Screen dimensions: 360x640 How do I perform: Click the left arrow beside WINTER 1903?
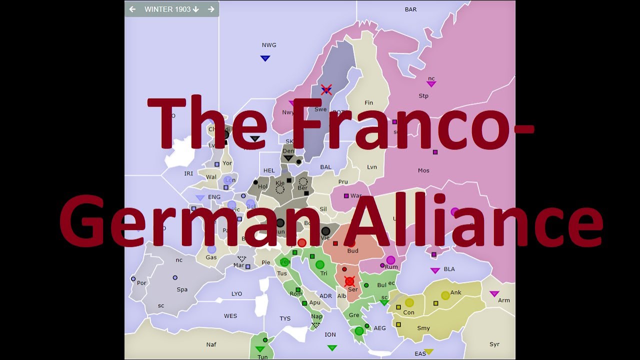(132, 9)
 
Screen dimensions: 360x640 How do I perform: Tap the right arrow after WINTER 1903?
(211, 9)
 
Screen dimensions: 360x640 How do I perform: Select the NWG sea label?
(269, 45)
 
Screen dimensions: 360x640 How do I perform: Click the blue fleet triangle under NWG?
(265, 58)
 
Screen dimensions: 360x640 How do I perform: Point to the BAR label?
(410, 9)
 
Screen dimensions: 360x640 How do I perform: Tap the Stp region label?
(423, 96)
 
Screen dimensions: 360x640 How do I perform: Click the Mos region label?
(423, 170)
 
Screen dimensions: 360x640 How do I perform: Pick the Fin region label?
(369, 103)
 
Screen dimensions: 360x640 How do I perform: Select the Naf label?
(211, 344)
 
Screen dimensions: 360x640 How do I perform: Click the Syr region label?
(494, 344)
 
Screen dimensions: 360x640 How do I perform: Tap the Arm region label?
(504, 300)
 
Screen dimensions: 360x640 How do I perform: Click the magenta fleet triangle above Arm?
(494, 293)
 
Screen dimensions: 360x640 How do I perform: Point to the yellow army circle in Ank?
(445, 295)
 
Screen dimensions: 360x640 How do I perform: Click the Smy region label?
(423, 328)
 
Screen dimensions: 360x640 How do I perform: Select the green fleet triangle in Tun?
(259, 349)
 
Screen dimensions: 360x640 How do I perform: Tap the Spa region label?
(182, 289)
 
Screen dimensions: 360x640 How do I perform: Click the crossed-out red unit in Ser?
(349, 281)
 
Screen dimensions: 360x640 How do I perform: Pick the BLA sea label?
(449, 269)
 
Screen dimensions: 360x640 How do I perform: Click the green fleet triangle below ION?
(332, 347)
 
